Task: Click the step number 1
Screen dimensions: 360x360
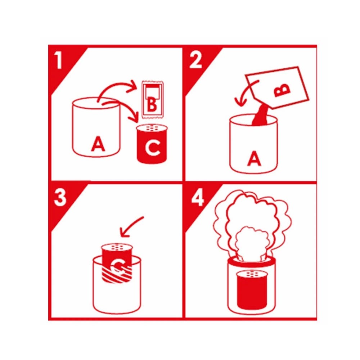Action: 59,60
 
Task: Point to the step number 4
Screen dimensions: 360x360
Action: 197,198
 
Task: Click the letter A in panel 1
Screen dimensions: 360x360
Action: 98,144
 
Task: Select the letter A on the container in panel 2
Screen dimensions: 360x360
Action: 254,158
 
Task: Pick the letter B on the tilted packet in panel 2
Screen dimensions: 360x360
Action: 282,90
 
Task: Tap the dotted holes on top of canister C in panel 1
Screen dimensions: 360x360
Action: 152,128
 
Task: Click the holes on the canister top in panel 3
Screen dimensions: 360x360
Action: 117,248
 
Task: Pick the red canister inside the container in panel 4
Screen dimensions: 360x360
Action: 252,290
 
